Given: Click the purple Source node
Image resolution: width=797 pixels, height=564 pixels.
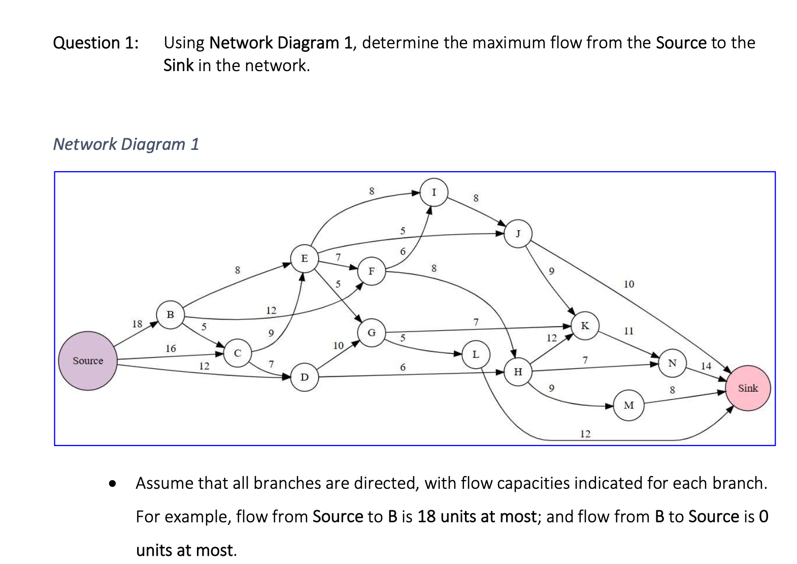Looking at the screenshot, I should pyautogui.click(x=88, y=361).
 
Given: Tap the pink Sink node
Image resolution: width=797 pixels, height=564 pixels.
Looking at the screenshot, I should pyautogui.click(x=748, y=388).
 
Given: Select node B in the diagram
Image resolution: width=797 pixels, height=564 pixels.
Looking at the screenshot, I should pyautogui.click(x=170, y=315).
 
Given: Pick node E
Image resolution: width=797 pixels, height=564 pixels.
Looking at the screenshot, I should pyautogui.click(x=304, y=258).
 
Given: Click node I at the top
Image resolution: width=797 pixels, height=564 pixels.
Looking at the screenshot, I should pyautogui.click(x=434, y=192).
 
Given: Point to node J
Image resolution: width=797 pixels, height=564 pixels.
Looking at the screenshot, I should pyautogui.click(x=518, y=234).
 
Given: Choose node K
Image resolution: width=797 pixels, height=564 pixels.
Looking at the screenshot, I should pyautogui.click(x=585, y=326).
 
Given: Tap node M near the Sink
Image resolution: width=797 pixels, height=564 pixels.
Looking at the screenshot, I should pyautogui.click(x=628, y=405).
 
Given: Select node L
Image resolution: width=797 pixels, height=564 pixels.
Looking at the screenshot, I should pyautogui.click(x=475, y=354).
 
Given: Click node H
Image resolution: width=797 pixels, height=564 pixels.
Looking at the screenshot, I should pyautogui.click(x=518, y=372).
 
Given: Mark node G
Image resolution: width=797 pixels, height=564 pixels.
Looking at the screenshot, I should pyautogui.click(x=372, y=333).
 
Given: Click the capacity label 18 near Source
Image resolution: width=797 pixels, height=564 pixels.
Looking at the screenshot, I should pyautogui.click(x=137, y=324).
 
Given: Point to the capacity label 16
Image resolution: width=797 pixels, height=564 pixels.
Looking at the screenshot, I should pyautogui.click(x=171, y=349).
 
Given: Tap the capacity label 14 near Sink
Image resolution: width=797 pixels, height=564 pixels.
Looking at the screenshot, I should pyautogui.click(x=706, y=366).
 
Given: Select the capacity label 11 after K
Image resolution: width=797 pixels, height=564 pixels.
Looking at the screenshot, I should pyautogui.click(x=628, y=331).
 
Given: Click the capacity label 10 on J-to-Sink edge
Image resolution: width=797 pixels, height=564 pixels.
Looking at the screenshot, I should pyautogui.click(x=628, y=284).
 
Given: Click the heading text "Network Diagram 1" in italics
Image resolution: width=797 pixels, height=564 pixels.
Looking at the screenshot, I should pyautogui.click(x=126, y=144).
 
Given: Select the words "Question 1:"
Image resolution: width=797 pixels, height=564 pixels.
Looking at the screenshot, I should pyautogui.click(x=95, y=43).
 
